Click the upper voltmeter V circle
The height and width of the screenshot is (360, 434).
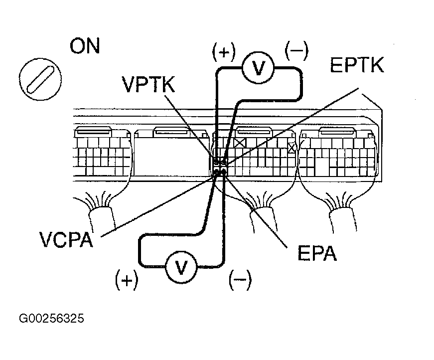258,67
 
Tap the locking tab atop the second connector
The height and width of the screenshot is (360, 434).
171,132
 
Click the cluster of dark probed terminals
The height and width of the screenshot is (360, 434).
220,168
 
